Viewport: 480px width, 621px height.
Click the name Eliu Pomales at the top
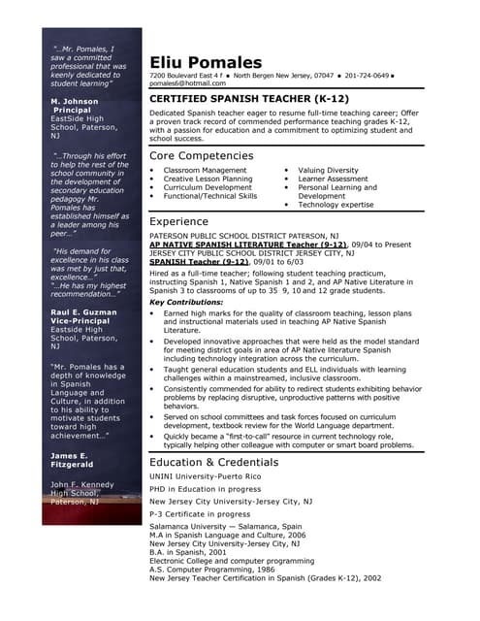tap(206, 62)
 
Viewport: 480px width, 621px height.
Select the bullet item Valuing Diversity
tap(328, 170)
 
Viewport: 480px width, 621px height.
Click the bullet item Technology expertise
tap(336, 205)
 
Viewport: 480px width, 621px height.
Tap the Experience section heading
tap(178, 221)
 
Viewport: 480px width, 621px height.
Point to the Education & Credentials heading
tap(214, 462)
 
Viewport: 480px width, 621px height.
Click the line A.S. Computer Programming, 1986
tap(214, 569)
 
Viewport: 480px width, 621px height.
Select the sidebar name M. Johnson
tap(75, 101)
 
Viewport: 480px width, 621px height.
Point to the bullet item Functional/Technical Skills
tap(210, 196)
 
